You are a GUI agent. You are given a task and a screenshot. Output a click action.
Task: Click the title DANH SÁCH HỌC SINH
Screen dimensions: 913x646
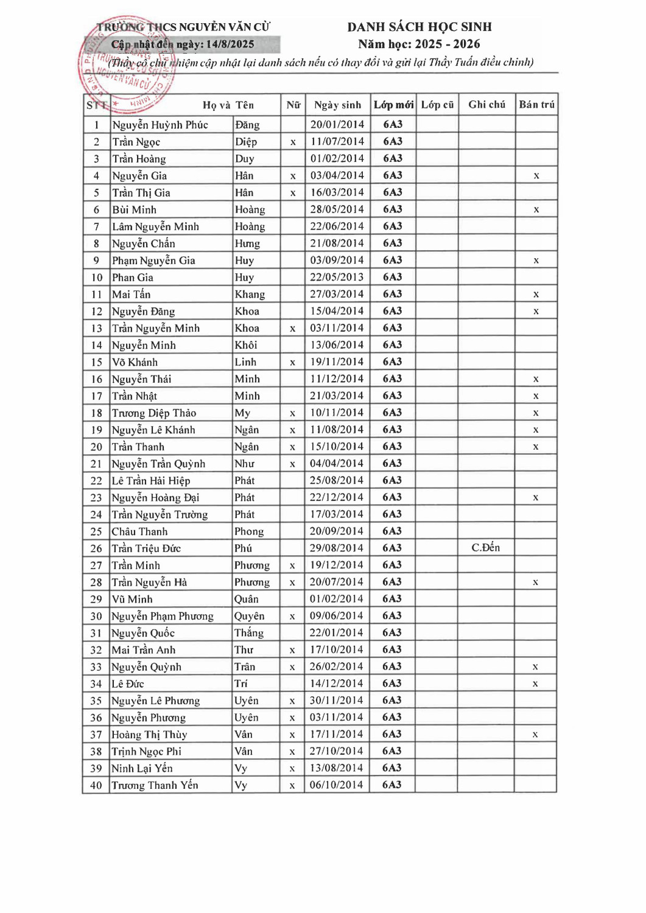click(x=419, y=27)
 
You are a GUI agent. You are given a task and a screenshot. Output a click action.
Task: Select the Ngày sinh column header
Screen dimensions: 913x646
click(x=337, y=105)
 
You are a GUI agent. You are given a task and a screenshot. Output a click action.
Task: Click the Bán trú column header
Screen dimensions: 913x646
click(x=536, y=105)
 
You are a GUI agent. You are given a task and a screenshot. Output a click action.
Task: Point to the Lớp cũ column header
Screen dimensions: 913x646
click(x=437, y=105)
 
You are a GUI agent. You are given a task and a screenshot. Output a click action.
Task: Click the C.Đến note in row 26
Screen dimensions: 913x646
click(x=485, y=548)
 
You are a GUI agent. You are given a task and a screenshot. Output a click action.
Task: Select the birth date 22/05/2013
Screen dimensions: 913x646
click(x=337, y=277)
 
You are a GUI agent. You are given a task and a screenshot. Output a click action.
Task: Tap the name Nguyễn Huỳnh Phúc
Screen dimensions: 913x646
click(x=160, y=125)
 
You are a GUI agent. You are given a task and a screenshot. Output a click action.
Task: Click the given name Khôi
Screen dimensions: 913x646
click(x=246, y=345)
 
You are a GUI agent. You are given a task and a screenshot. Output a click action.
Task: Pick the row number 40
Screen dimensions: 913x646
click(x=96, y=785)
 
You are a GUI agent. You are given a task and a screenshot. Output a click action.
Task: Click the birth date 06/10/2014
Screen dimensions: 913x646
click(x=336, y=785)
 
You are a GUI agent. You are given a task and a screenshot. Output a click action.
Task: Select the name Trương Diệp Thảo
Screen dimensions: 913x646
click(x=154, y=413)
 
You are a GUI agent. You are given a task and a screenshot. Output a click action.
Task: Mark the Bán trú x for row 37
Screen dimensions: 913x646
click(x=535, y=735)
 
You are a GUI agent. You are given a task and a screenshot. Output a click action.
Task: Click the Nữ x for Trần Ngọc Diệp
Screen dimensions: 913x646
click(x=293, y=142)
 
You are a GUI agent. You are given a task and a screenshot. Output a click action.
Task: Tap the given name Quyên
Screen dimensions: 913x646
click(x=250, y=616)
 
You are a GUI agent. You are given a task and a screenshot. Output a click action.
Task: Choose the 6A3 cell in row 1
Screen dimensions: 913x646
click(x=393, y=124)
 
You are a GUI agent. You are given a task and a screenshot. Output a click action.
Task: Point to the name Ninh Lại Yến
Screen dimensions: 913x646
click(x=142, y=768)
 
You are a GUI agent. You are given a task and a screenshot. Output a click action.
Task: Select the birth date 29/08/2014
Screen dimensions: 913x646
click(x=336, y=548)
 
